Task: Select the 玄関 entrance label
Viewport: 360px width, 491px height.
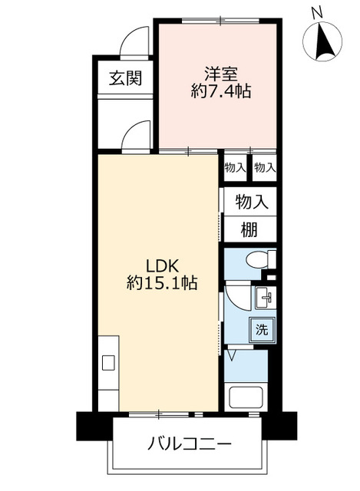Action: click(x=124, y=77)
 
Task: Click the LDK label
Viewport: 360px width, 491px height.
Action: click(x=162, y=265)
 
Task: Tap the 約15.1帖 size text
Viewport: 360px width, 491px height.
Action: click(x=162, y=283)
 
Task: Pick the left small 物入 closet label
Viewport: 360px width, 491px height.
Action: click(x=235, y=167)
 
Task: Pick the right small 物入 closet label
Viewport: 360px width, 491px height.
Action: click(x=264, y=167)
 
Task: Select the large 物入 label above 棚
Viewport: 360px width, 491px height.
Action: click(x=251, y=202)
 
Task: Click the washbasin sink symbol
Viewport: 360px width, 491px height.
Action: click(x=266, y=296)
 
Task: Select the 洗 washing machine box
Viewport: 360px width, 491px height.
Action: click(x=262, y=331)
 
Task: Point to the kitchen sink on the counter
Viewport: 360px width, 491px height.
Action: click(x=108, y=361)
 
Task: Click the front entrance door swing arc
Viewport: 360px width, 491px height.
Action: click(x=135, y=38)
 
